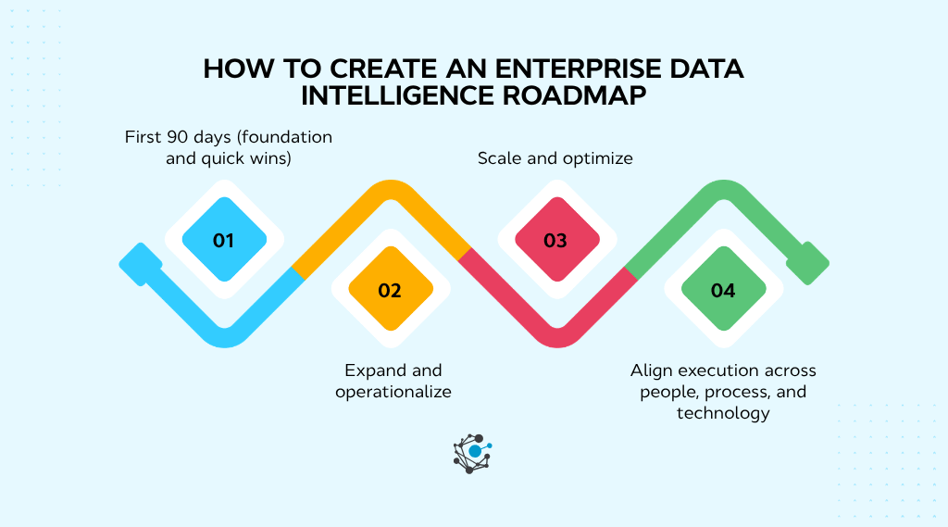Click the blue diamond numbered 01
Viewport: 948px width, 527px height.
tap(223, 241)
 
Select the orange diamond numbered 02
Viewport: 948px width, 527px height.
tap(390, 291)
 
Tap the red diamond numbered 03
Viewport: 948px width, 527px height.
tap(555, 241)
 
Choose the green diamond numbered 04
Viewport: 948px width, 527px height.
tap(722, 291)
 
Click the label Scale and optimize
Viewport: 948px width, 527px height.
tap(555, 158)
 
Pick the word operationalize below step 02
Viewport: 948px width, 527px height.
tap(393, 392)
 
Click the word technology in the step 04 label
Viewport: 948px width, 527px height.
tap(723, 413)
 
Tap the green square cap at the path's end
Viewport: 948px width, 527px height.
tap(808, 263)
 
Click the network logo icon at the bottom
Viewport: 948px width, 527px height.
tap(472, 452)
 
